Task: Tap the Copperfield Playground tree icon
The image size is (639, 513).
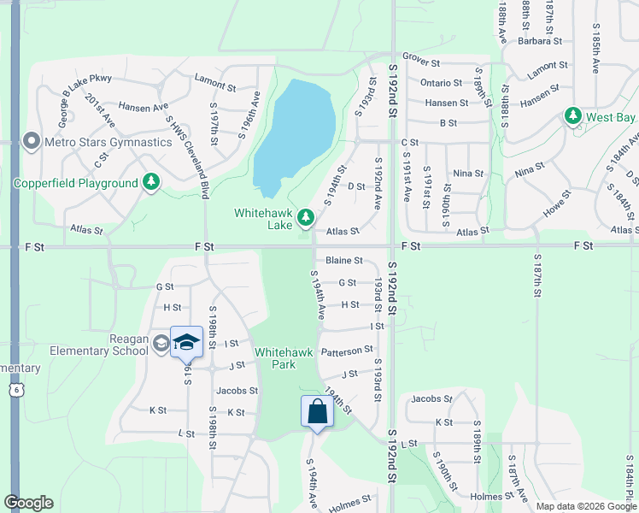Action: coord(151,182)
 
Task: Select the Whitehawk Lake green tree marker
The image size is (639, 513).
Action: coord(305,221)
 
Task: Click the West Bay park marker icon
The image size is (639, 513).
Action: coord(572,115)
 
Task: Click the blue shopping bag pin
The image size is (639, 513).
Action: coord(317,411)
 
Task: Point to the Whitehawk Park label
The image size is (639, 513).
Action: coord(275,358)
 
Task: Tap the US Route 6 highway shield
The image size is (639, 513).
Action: coord(15,390)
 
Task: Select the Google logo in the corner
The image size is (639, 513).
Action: coord(28,503)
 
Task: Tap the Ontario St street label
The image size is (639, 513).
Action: coord(441,83)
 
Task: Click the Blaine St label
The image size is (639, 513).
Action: coord(343,261)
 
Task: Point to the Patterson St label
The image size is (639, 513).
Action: coord(347,350)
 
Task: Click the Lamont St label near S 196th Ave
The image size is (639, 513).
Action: coord(214,85)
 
